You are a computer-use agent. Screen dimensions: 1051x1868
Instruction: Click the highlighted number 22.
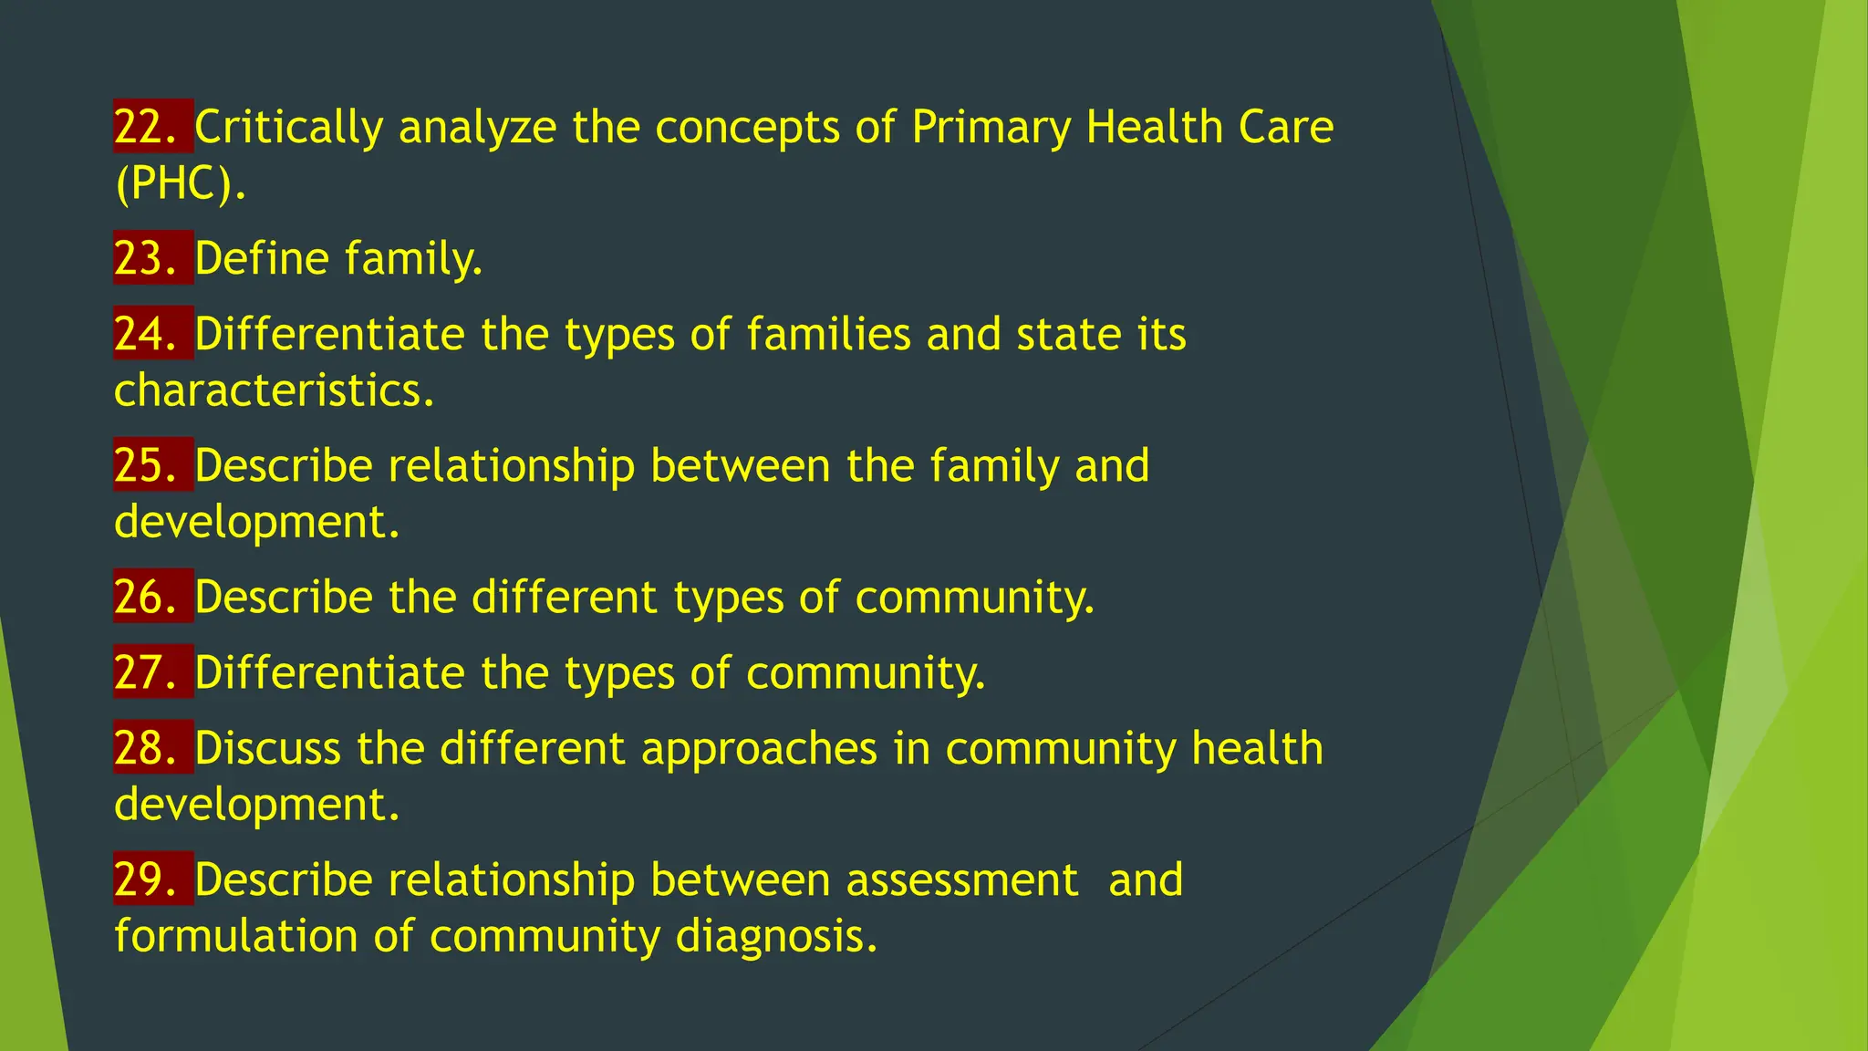(x=146, y=127)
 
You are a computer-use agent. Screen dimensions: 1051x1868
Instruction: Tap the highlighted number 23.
(x=146, y=258)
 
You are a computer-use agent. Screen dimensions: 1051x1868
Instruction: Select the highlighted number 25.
(x=146, y=465)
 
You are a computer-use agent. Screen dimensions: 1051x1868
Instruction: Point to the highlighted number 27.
(x=146, y=672)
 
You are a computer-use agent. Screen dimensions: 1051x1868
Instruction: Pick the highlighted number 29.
(x=146, y=879)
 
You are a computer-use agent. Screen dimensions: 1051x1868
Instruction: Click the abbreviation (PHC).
(x=180, y=184)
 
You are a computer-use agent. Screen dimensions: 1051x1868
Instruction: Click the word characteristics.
(x=274, y=391)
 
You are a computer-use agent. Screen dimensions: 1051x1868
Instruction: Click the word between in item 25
(x=741, y=466)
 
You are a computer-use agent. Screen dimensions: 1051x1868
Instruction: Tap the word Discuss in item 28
(x=267, y=749)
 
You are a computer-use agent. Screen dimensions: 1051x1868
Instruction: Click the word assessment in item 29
(x=962, y=880)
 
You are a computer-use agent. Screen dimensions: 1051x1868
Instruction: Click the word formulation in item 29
(x=236, y=937)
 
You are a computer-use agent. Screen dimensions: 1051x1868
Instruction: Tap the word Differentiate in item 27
(x=329, y=673)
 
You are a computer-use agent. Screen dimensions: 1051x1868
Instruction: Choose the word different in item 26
(x=565, y=598)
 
